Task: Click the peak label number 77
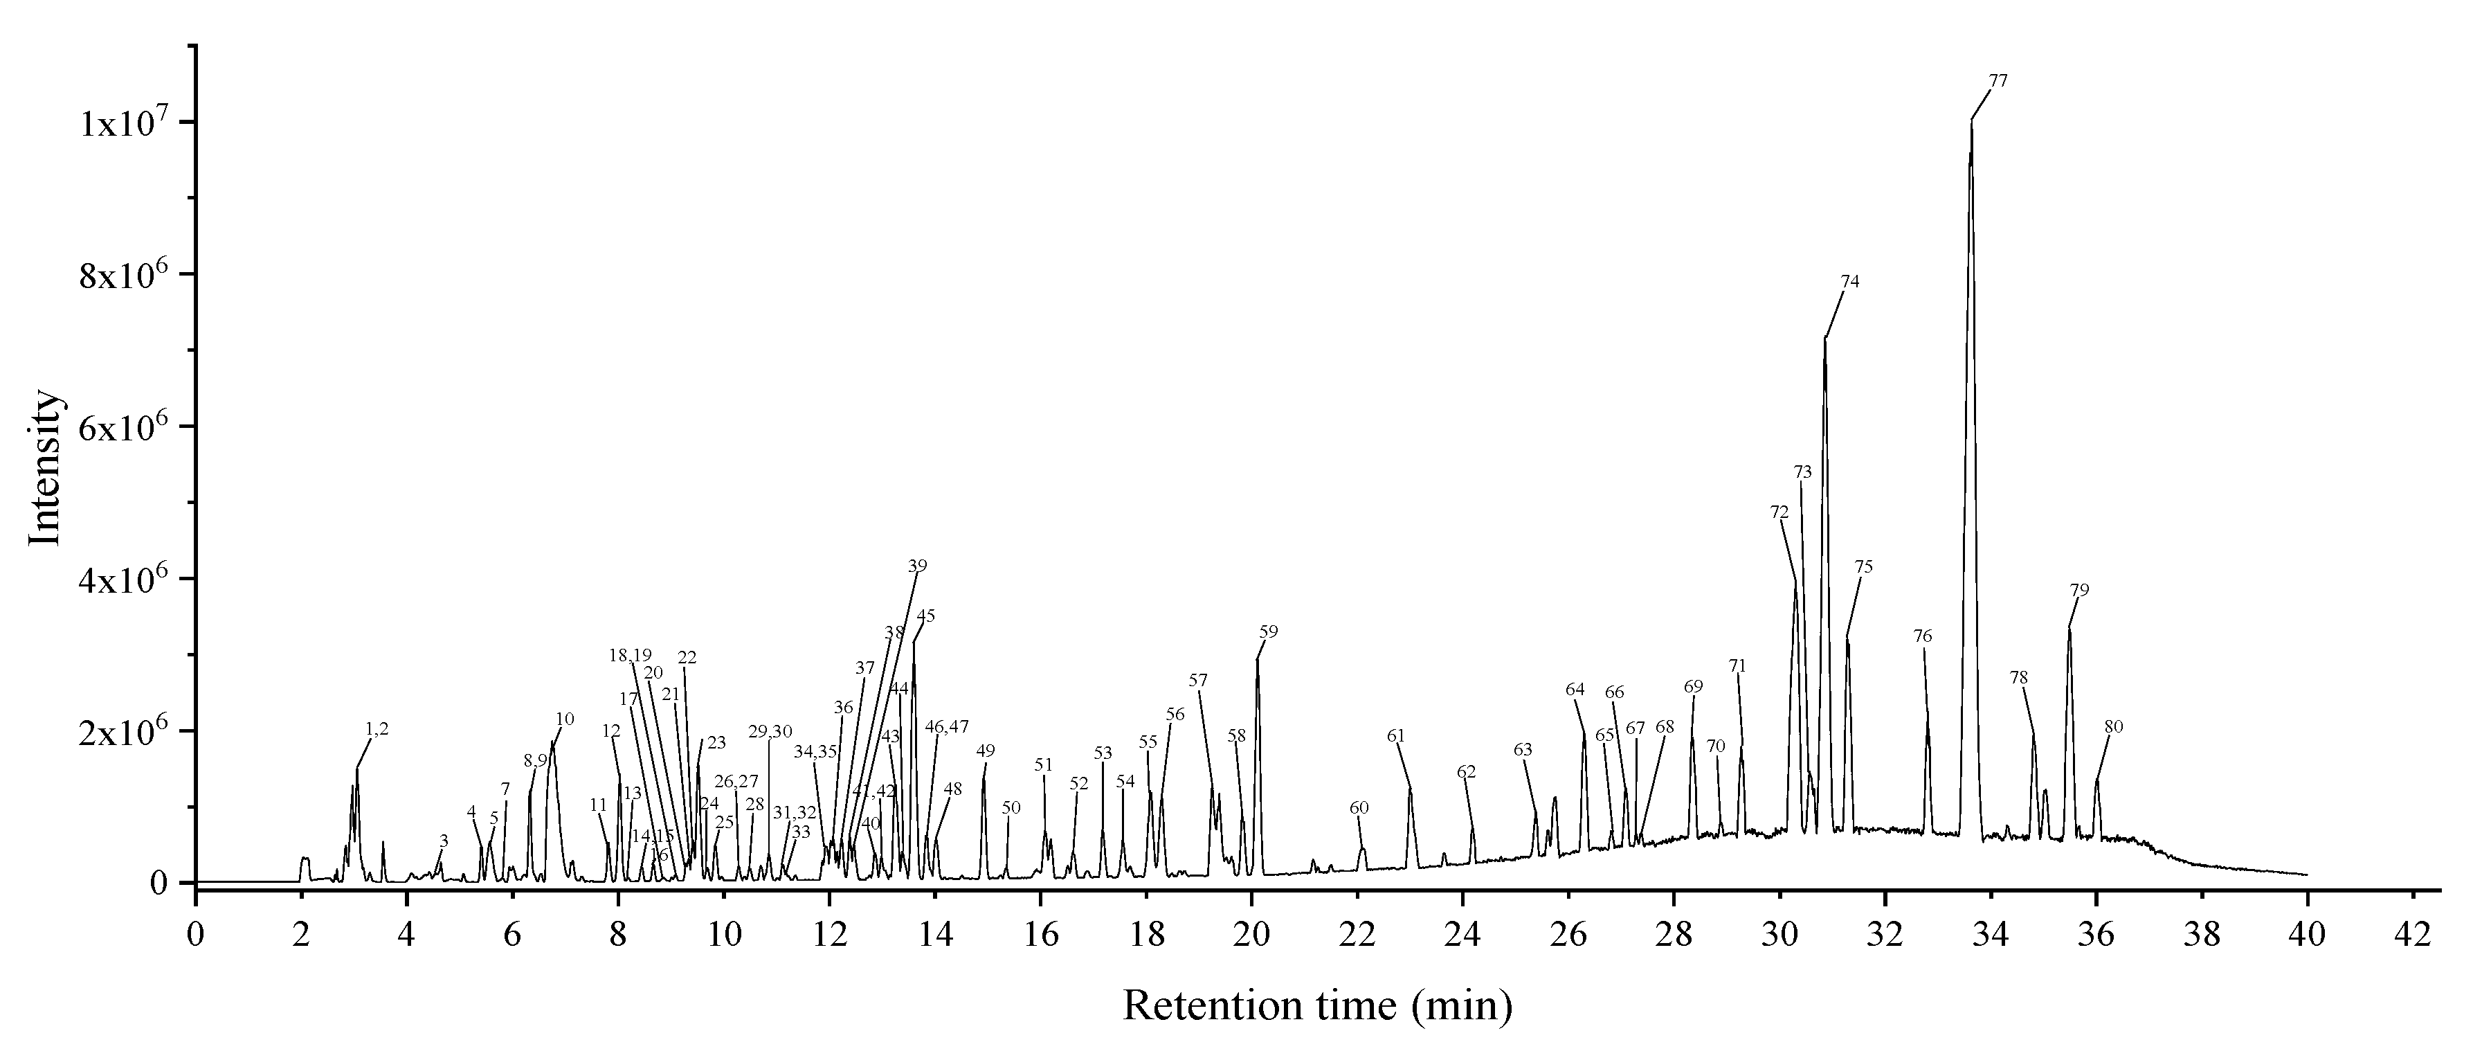(1998, 81)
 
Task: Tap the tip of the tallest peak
(1971, 123)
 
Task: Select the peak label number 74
(1849, 283)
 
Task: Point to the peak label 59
(1268, 632)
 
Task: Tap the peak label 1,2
(377, 729)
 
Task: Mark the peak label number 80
(2113, 726)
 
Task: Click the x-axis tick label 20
(1251, 911)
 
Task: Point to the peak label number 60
(1359, 807)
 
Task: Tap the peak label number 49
(985, 751)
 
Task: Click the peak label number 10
(565, 719)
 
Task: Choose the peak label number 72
(1779, 512)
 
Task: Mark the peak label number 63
(1522, 750)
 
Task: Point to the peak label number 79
(2079, 590)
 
